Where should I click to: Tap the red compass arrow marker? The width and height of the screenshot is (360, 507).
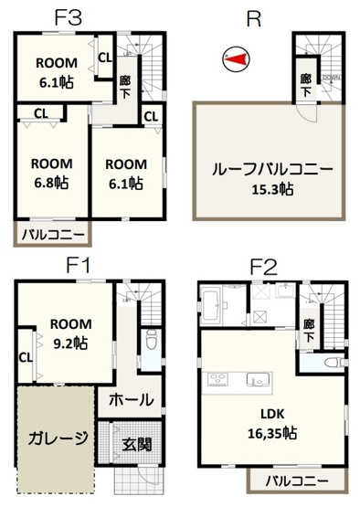coord(236,60)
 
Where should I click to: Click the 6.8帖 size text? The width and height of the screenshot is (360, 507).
coord(51,182)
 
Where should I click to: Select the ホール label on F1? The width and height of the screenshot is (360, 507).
coord(131,399)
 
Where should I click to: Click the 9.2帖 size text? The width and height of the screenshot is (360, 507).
coord(69,343)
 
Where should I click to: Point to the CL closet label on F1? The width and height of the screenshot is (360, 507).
coord(26,357)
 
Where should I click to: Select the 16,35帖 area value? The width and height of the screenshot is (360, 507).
coord(275,434)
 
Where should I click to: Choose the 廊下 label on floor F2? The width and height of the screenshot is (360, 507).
coord(309,330)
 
